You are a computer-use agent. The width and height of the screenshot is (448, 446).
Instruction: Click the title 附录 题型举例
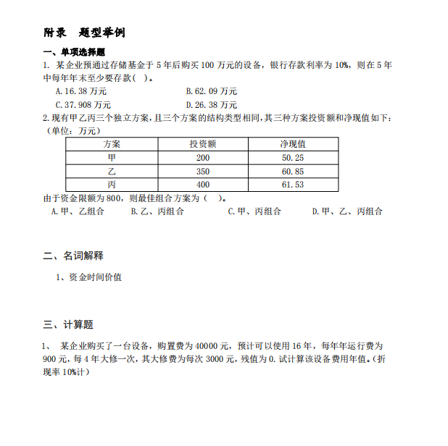[x=85, y=33]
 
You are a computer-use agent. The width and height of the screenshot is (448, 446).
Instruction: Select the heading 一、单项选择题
[x=75, y=52]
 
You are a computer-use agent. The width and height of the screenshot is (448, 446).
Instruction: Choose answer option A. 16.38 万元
[x=80, y=91]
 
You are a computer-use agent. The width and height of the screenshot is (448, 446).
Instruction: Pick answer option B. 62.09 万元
[x=211, y=91]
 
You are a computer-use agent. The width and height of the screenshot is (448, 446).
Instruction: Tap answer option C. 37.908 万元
[x=83, y=104]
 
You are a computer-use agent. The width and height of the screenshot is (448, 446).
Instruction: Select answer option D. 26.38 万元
[x=211, y=104]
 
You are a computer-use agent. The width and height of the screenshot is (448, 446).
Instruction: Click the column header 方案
[x=112, y=144]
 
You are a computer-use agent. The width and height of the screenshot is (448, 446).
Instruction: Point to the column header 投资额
[x=202, y=144]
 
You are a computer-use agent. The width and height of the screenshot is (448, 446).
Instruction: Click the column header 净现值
[x=292, y=144]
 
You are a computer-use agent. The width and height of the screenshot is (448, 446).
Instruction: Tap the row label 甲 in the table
[x=112, y=158]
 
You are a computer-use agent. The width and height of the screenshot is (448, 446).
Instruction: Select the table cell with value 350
[x=202, y=172]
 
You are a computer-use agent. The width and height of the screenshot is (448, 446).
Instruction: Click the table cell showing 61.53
[x=292, y=185]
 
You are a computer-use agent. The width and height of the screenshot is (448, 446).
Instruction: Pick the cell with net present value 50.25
[x=292, y=158]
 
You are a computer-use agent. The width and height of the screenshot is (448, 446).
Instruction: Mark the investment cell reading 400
[x=202, y=185]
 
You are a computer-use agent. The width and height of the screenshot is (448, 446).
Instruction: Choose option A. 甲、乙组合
[x=78, y=211]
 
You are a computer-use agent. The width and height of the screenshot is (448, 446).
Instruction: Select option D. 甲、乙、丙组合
[x=347, y=211]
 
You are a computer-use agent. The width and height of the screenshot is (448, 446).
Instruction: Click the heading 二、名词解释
[x=73, y=256]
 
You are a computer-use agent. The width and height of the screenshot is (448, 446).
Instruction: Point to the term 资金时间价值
[x=95, y=277]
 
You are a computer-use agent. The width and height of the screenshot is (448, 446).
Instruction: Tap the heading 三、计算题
[x=68, y=324]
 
